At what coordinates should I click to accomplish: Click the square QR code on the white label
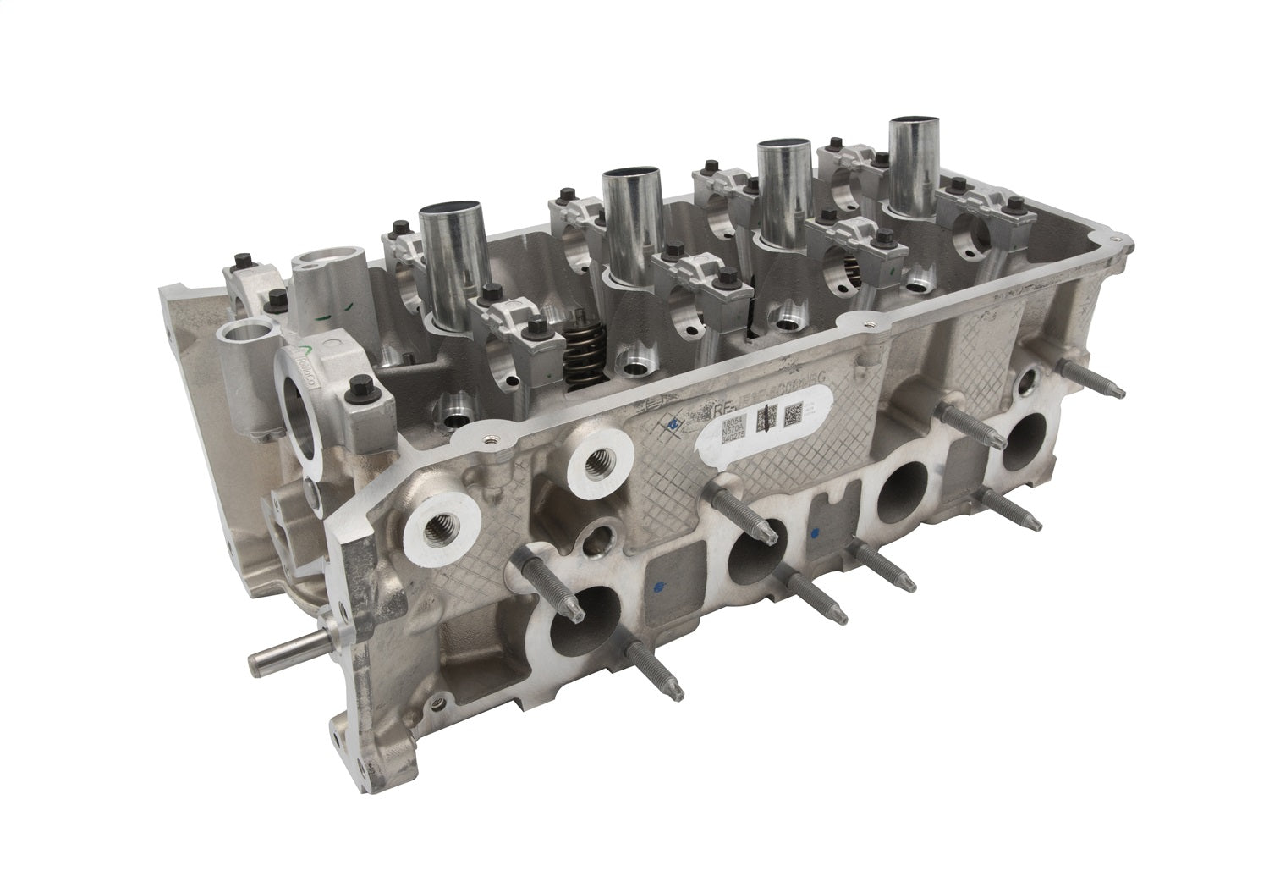click(793, 415)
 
